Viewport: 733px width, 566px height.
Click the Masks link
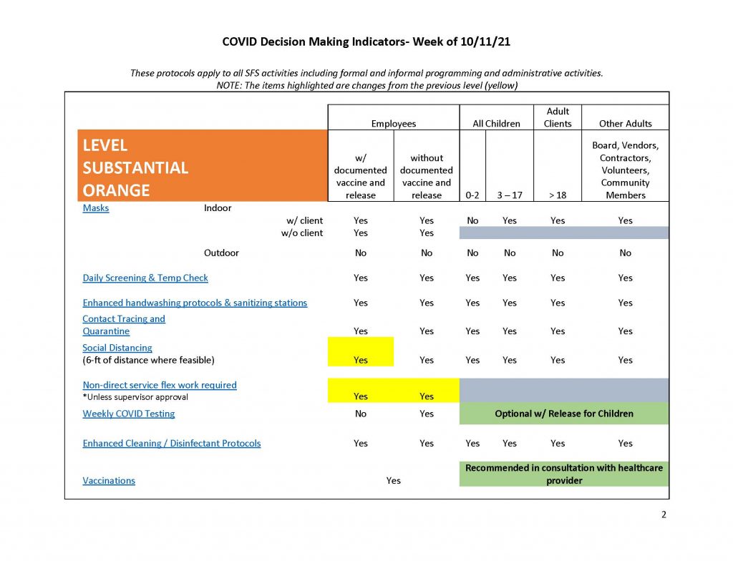[96, 208]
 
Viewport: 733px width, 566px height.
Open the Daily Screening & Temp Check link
[145, 278]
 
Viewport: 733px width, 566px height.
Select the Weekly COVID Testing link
[129, 414]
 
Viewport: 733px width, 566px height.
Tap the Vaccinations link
[109, 480]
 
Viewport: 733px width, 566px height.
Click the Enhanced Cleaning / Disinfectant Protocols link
[172, 443]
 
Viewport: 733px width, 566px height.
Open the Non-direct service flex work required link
[160, 385]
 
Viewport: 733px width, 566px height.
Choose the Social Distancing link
[117, 348]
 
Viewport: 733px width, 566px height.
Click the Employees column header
[394, 124]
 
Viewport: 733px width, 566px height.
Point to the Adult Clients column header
[558, 117]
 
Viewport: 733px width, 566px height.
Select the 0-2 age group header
[472, 195]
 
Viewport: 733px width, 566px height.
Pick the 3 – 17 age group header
[510, 195]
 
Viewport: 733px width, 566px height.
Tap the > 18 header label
[558, 195]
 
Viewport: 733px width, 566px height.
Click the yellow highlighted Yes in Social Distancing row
[361, 360]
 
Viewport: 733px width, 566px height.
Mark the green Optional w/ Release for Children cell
[564, 414]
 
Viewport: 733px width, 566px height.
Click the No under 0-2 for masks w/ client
[472, 220]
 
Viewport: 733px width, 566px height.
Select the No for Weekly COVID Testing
[361, 414]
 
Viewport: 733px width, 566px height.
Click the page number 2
[664, 514]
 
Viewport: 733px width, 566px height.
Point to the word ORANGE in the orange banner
[117, 190]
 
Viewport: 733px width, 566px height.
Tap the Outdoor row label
[221, 253]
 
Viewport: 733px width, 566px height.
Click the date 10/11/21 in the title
[485, 42]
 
